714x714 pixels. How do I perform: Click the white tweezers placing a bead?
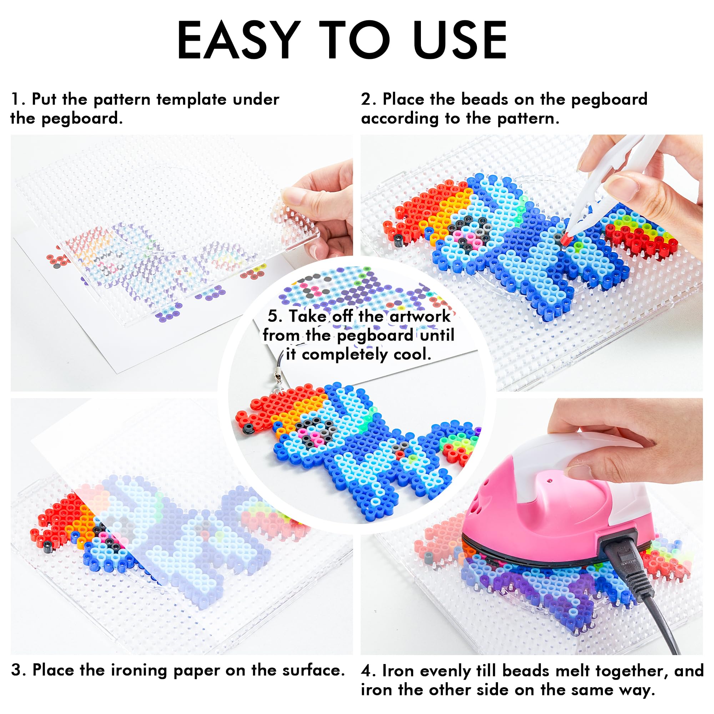tap(606, 185)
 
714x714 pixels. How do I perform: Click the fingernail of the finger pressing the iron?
tap(575, 472)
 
